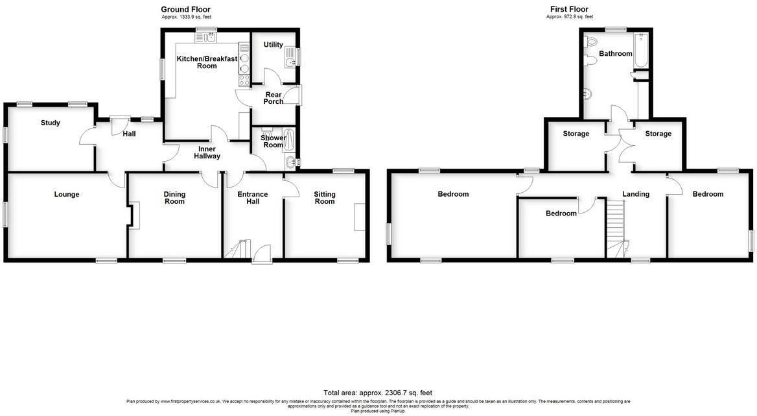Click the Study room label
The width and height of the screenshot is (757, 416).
[x=50, y=123]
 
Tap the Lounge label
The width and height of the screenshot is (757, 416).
[x=67, y=194]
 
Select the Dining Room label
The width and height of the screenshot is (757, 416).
[x=174, y=197]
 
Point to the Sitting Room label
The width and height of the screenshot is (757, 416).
[x=325, y=197]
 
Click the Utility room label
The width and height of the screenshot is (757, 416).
[x=273, y=45]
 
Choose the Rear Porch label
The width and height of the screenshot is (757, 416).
[x=273, y=98]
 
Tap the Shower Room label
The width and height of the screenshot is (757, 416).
[x=273, y=141]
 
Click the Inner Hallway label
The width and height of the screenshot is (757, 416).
[x=207, y=153]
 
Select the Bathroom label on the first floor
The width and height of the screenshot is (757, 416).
[x=615, y=54]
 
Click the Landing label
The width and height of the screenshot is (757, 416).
[x=635, y=194]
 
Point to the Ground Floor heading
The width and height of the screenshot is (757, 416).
[x=185, y=9]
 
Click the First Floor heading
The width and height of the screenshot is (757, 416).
[x=570, y=9]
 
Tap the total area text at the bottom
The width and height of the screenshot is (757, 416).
[x=378, y=393]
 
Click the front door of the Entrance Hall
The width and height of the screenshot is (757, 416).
[x=262, y=254]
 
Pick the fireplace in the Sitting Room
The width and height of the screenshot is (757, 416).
[x=359, y=216]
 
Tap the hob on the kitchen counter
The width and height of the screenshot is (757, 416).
[x=245, y=80]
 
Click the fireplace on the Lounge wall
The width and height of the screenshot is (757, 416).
[x=134, y=215]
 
